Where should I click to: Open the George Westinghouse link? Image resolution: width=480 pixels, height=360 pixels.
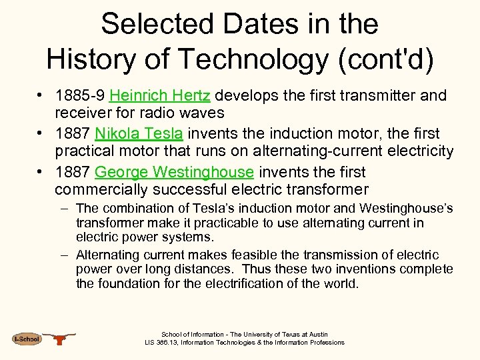coord(174,173)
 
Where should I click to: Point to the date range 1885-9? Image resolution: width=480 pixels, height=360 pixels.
coord(80,96)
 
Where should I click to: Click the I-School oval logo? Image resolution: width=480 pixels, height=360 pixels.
coord(26,339)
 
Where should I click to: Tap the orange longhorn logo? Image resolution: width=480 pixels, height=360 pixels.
coord(61,339)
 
